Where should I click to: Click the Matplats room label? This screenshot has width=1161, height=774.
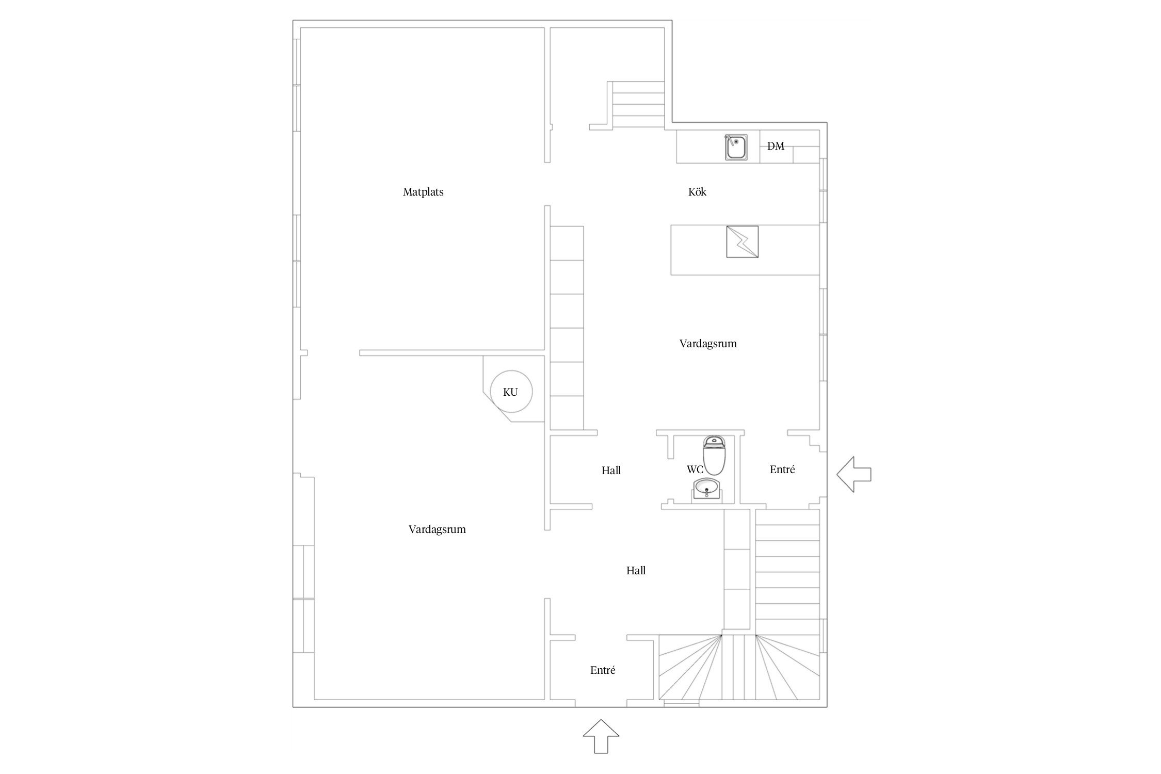pos(423,192)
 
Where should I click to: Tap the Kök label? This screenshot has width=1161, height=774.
pos(697,192)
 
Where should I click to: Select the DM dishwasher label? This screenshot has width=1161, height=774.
pos(776,146)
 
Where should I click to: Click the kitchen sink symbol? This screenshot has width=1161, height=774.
pos(736,147)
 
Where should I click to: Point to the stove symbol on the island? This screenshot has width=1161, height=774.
pos(742,241)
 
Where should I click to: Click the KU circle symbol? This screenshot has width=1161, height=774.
pos(511,392)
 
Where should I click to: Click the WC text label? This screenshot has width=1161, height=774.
pos(695,470)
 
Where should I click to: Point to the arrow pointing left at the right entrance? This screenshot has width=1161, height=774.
pos(854,474)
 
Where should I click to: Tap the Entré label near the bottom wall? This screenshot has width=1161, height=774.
pos(603,670)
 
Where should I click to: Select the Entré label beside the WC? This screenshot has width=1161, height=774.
pos(782,470)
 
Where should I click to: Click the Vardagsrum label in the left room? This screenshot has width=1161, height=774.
pos(437,529)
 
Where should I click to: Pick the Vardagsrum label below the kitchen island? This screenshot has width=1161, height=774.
pos(708,344)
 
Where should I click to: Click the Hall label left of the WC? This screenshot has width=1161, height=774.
pos(611,471)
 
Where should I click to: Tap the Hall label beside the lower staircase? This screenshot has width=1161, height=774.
pos(636,571)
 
